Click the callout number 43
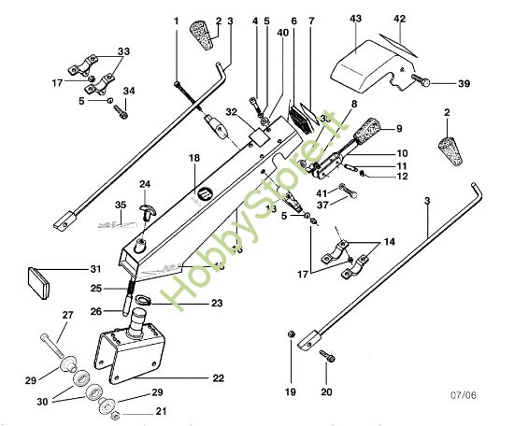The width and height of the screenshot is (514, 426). pos(356,20)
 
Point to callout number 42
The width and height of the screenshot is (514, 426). pos(399,20)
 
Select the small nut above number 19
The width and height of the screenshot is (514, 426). pos(293,334)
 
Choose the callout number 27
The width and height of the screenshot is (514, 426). pos(66,315)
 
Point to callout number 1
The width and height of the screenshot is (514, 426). pos(175,20)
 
